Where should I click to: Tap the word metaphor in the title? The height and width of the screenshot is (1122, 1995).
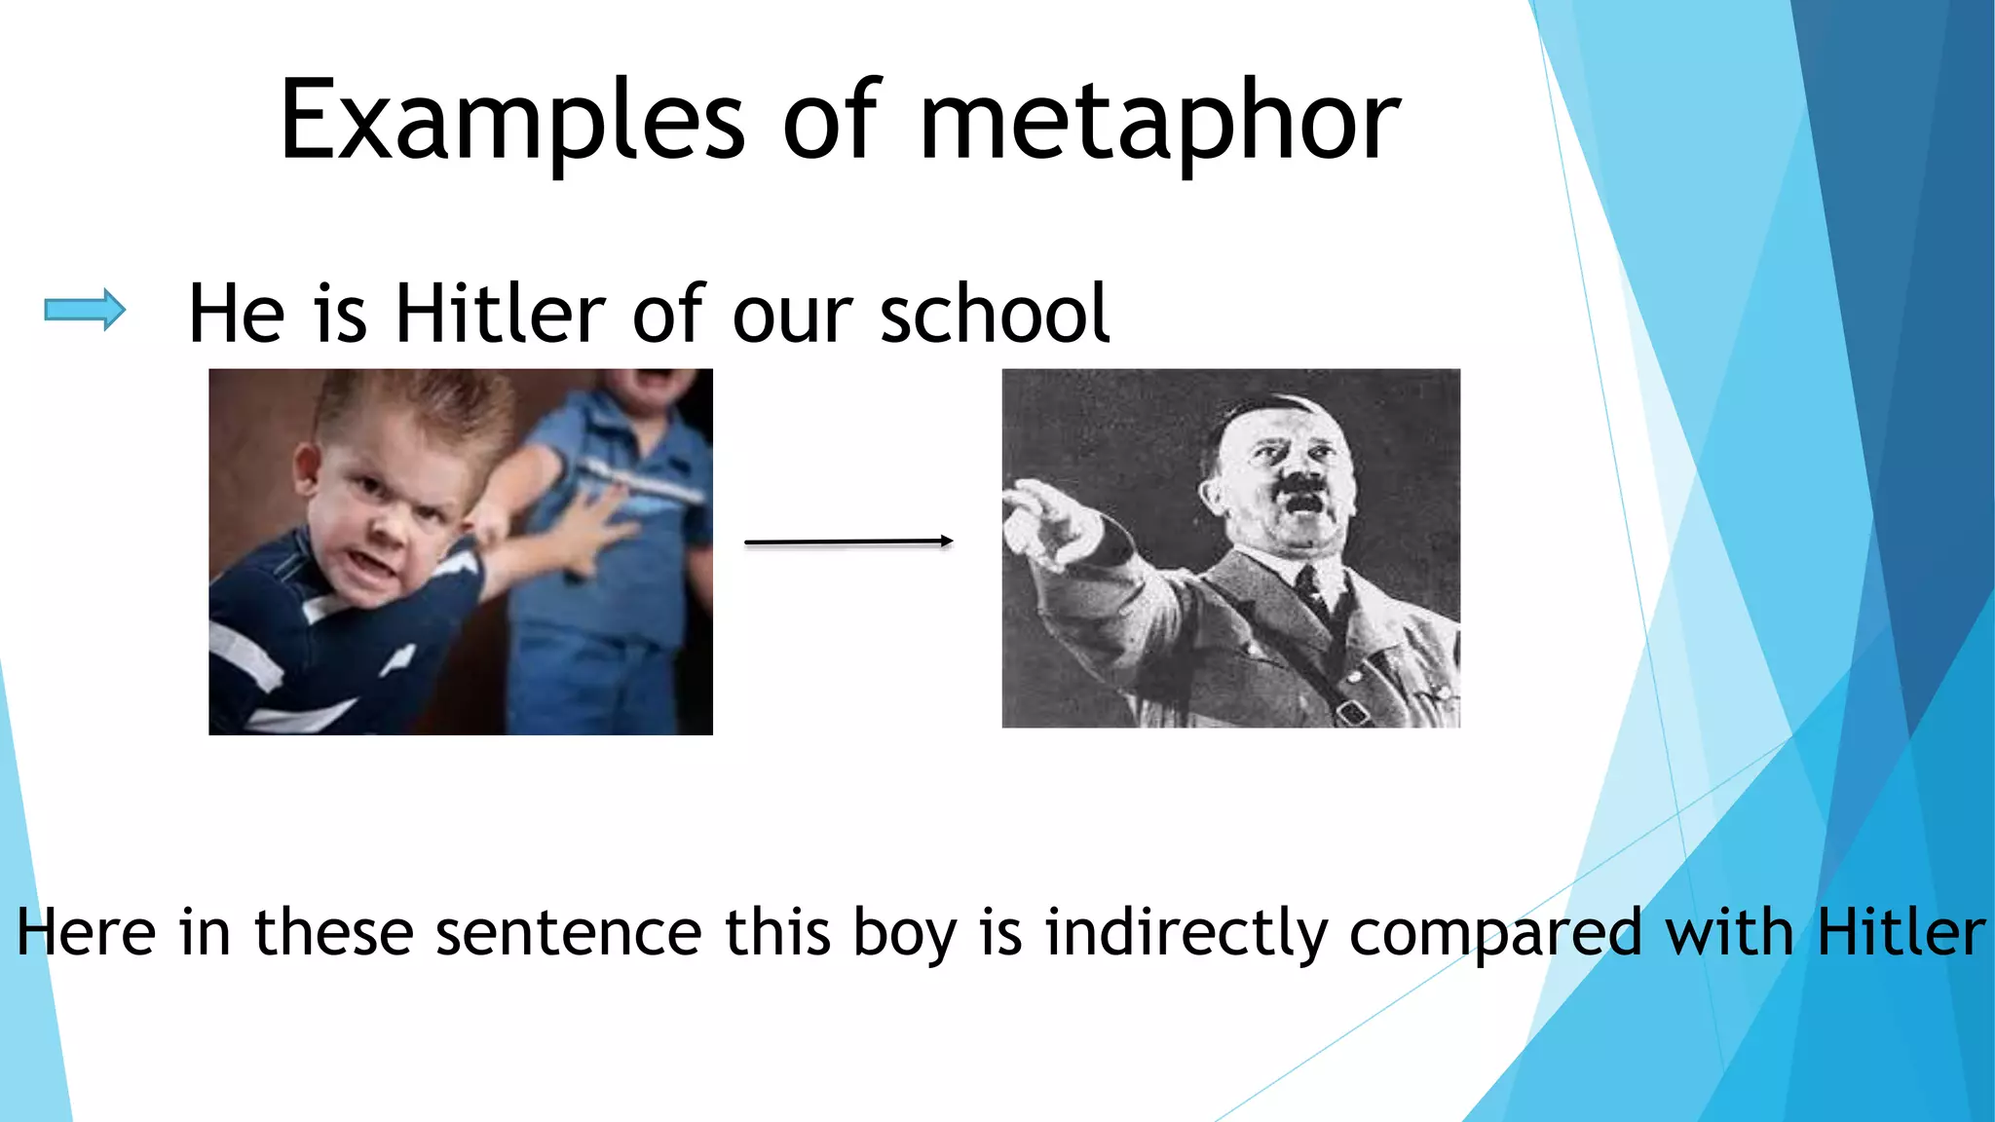[1159, 122]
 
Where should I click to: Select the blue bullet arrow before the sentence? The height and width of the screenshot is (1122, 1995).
[85, 311]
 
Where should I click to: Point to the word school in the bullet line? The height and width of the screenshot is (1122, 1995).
[995, 314]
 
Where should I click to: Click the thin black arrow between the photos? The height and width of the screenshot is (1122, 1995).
[847, 542]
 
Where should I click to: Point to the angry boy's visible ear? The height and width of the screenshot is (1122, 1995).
[306, 466]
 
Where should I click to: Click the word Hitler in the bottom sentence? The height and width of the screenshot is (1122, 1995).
[1901, 932]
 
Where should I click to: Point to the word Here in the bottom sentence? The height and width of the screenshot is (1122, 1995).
[86, 932]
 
